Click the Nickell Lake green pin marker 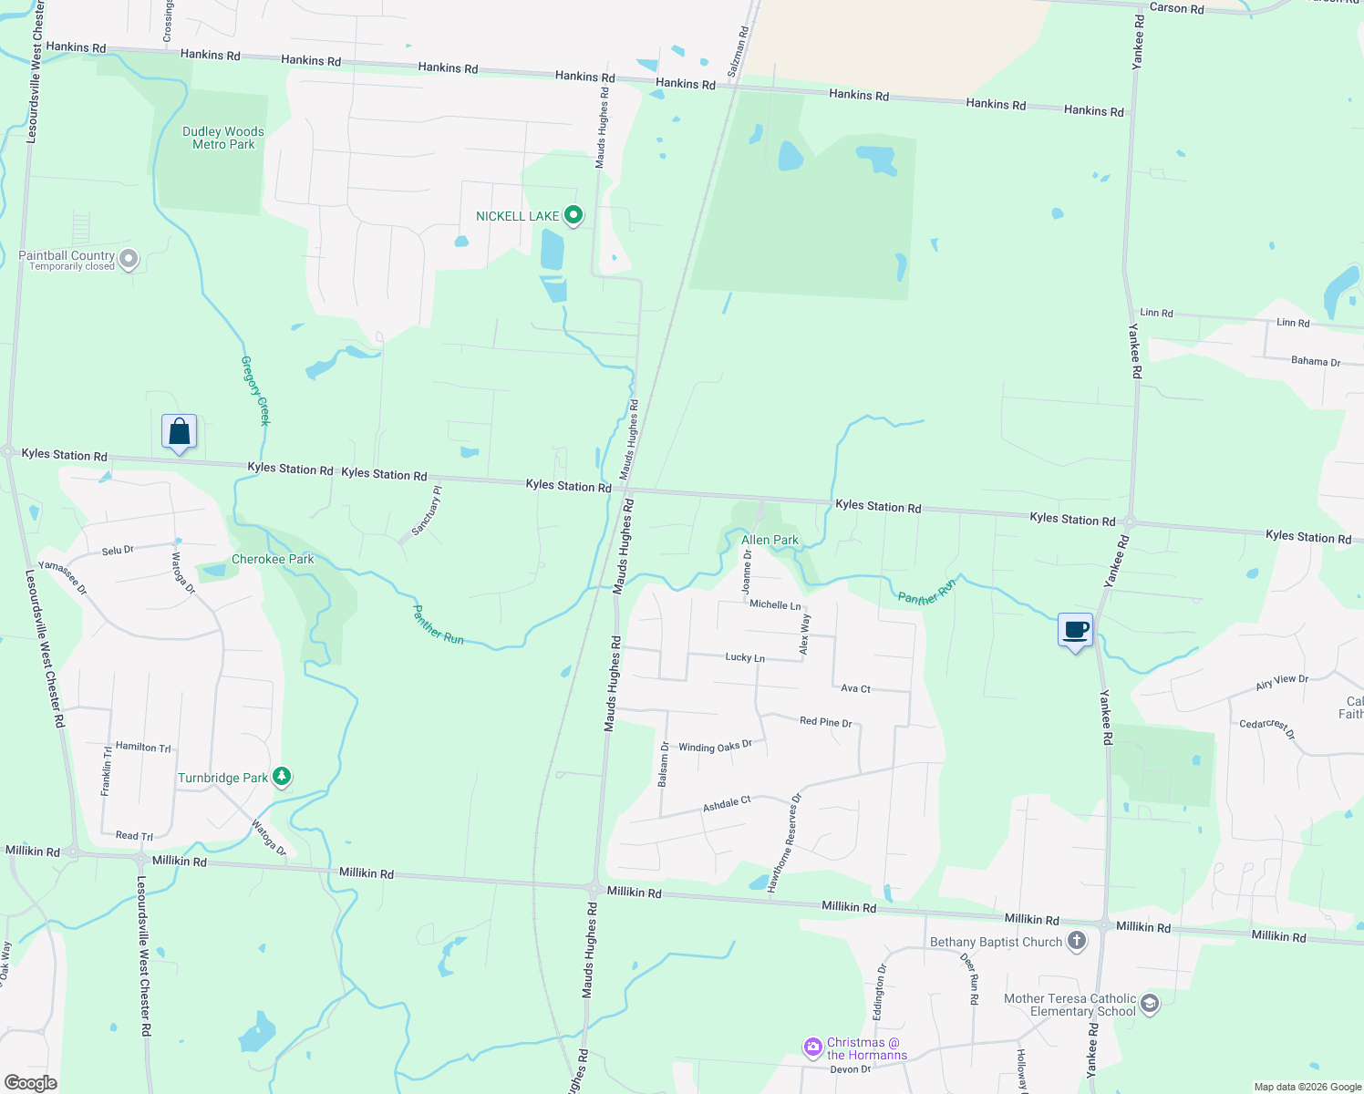point(573,216)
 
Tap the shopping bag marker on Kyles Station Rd point(180,431)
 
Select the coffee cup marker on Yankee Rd point(1076,630)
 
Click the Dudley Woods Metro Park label point(223,138)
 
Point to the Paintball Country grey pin point(129,259)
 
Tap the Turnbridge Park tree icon point(283,777)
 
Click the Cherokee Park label point(273,559)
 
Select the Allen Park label point(770,540)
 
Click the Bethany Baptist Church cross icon point(1077,941)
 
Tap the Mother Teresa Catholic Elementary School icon point(1150,1004)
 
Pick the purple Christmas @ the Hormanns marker point(812,1048)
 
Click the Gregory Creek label point(256,390)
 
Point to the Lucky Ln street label point(745,657)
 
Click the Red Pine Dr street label point(825,722)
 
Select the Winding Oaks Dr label point(715,747)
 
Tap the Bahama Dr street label point(1316,361)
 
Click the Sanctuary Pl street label point(427,511)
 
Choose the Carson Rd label point(1176,8)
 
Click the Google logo point(30,1082)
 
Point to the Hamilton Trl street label point(143,747)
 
